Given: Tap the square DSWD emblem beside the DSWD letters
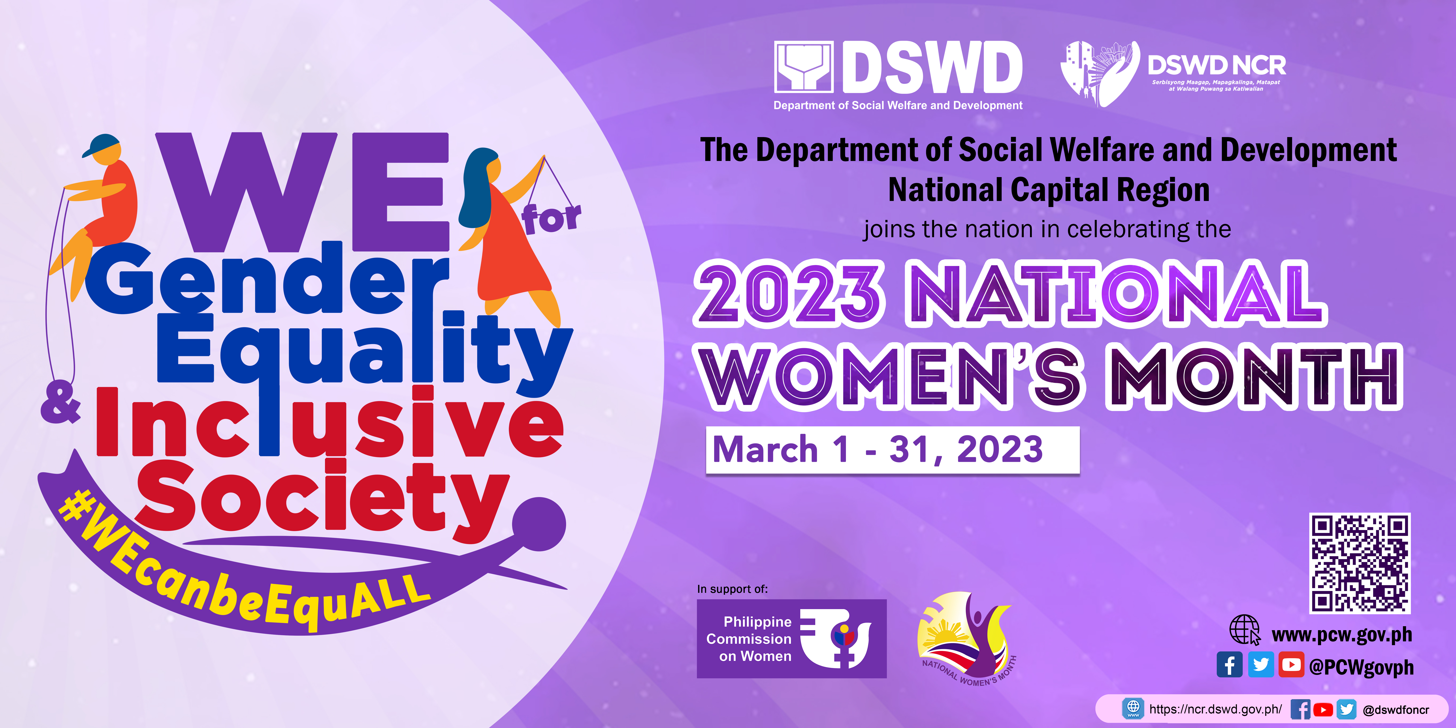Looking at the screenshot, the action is tap(803, 67).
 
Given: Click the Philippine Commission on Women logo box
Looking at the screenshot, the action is tap(791, 639).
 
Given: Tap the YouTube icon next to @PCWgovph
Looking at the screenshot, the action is tap(1291, 665).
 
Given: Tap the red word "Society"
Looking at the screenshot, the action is tap(322, 497).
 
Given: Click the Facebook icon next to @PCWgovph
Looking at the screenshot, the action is tap(1229, 665).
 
